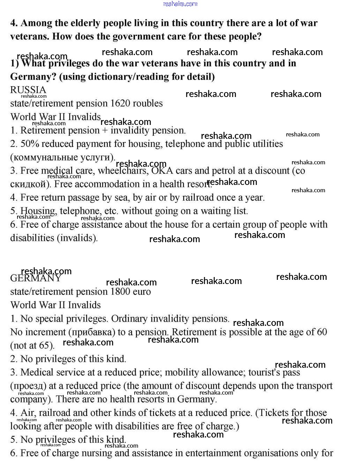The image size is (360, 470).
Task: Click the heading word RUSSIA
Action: (28, 90)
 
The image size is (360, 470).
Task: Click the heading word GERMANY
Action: (36, 278)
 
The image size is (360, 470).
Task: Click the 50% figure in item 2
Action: (28, 144)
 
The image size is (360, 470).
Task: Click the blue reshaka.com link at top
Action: (180, 4)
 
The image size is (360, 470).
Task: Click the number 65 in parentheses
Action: (45, 345)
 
